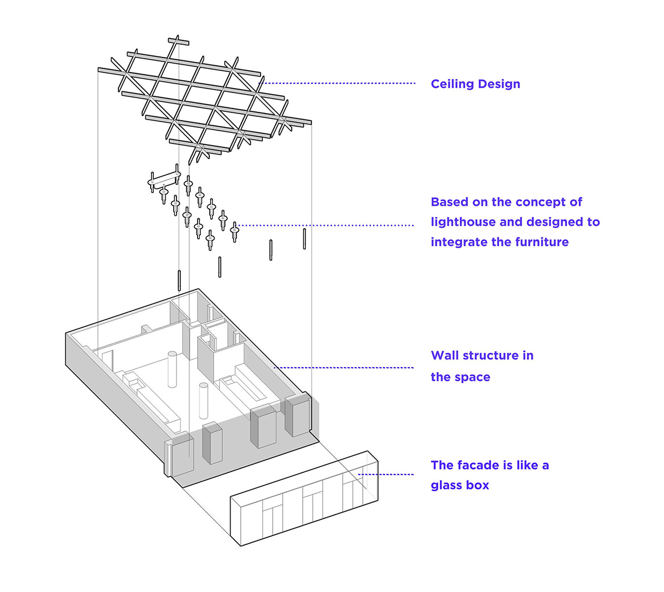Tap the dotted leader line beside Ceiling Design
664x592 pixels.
[338, 83]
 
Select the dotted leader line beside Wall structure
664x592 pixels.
[343, 367]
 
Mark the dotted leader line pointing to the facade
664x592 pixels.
[387, 474]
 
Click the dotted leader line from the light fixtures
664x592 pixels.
[326, 225]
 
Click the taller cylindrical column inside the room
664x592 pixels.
[172, 368]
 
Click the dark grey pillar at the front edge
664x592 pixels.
[212, 442]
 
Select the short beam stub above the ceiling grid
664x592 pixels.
[178, 42]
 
